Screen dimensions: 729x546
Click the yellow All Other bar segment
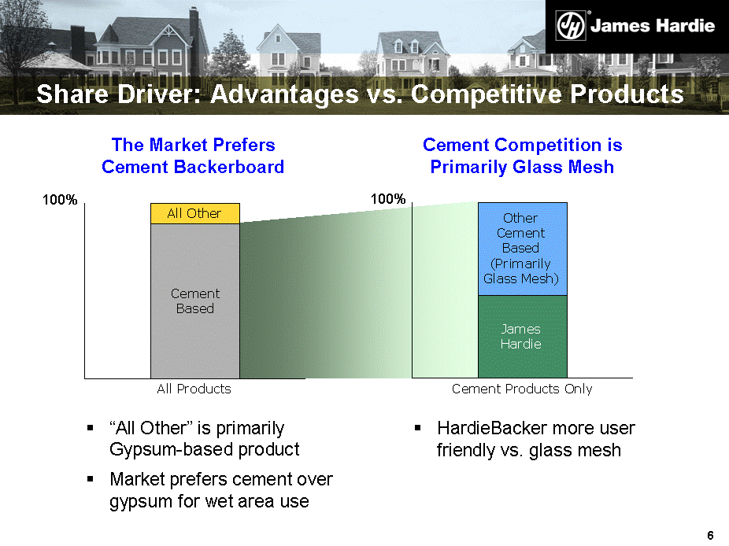tap(194, 213)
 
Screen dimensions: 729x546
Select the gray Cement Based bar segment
tap(194, 301)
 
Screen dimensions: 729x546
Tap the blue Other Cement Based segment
tap(523, 249)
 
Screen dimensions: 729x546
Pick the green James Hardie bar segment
tap(523, 337)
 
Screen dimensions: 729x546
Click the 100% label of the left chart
tap(60, 200)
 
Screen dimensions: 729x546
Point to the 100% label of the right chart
tap(388, 199)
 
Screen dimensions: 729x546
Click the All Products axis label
tap(194, 389)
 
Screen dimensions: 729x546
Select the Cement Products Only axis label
tap(522, 389)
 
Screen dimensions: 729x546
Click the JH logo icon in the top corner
tap(571, 25)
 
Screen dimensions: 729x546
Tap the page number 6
tap(710, 535)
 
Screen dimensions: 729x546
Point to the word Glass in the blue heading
tap(535, 167)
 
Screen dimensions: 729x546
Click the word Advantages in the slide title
tap(284, 94)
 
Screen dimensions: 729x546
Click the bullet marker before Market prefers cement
tap(91, 478)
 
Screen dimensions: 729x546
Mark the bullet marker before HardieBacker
tap(417, 427)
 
